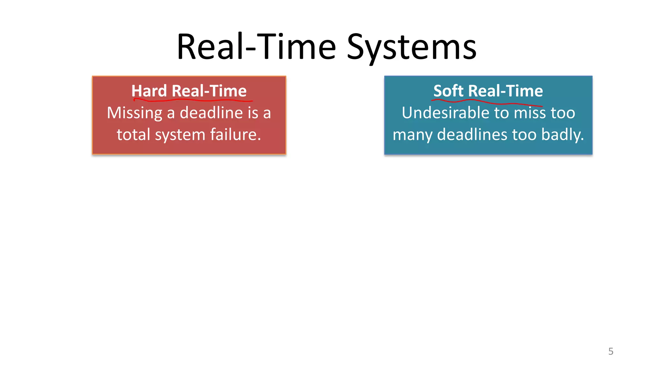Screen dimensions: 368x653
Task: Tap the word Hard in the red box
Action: pos(149,91)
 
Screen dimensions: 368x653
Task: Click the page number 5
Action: pos(611,351)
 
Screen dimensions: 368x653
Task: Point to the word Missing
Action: pos(135,113)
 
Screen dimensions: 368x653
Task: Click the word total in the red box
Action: pos(133,134)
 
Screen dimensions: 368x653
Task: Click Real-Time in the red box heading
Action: pos(209,91)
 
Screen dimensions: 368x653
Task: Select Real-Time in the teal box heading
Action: pos(506,91)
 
